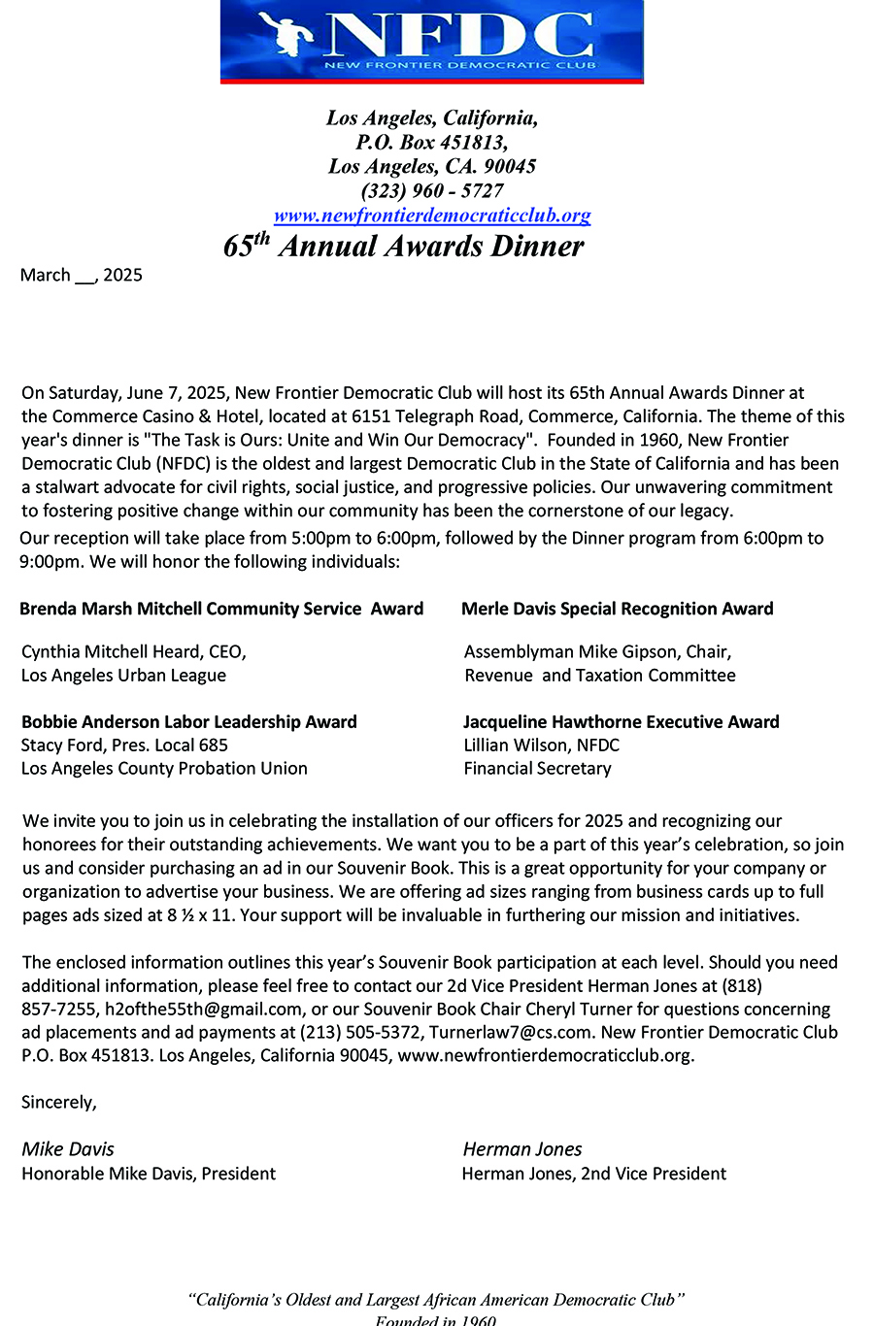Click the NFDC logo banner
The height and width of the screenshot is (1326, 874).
tap(431, 41)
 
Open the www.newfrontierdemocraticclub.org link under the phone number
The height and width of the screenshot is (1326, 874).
tap(432, 215)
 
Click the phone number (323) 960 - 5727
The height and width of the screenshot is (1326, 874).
tap(432, 190)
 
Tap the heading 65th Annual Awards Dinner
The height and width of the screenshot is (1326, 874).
tap(404, 246)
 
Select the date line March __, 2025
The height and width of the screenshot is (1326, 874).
tap(82, 275)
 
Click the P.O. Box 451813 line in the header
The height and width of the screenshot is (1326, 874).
tap(432, 142)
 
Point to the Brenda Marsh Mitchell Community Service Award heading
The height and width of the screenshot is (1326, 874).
tap(221, 609)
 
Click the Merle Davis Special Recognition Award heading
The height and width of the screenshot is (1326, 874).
tap(618, 609)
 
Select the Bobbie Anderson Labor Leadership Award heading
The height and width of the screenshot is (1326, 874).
tap(189, 721)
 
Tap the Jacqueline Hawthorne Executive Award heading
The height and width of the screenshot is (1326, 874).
tap(622, 721)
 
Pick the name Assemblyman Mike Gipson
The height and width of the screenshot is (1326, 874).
tap(568, 651)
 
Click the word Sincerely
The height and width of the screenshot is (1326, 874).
tap(59, 1102)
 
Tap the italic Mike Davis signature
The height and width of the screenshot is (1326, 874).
tap(68, 1149)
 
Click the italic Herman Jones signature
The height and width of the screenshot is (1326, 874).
tap(522, 1149)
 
